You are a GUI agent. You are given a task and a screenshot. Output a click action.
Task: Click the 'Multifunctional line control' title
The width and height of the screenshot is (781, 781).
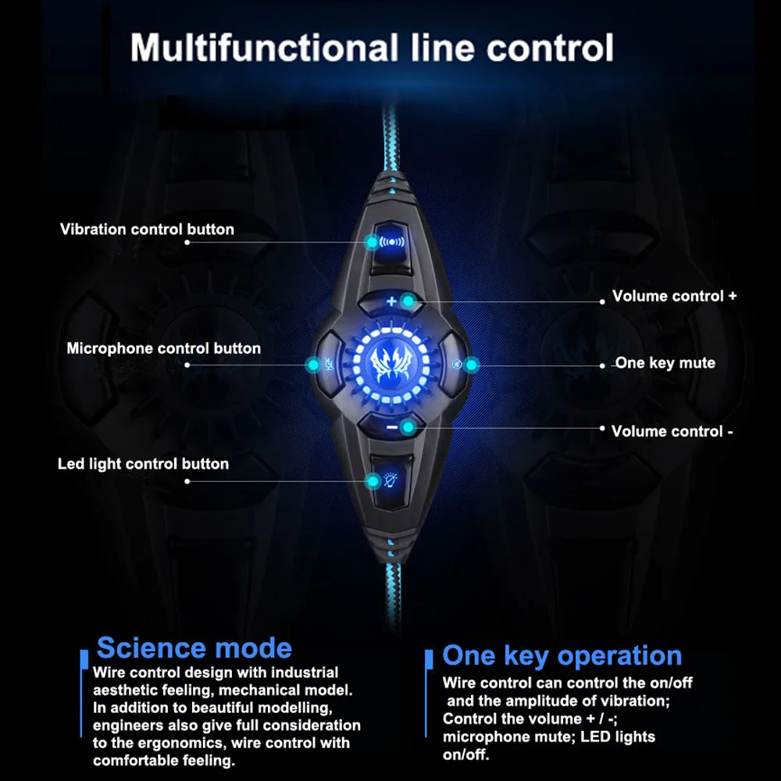coord(372,48)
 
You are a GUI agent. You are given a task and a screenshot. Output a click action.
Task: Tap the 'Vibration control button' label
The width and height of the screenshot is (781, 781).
coord(147,230)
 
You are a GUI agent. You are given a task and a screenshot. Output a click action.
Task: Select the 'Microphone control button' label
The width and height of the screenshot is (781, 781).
coord(163,348)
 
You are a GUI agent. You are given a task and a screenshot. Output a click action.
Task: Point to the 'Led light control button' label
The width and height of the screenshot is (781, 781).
coord(143,464)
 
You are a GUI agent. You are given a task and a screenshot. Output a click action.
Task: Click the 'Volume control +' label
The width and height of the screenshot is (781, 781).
coord(674,296)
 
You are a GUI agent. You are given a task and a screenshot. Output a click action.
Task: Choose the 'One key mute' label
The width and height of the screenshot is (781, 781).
coord(665,363)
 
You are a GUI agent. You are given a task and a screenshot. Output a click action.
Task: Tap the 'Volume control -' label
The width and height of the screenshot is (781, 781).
coord(672,431)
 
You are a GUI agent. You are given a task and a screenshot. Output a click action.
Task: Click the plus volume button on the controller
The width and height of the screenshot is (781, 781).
coord(391,301)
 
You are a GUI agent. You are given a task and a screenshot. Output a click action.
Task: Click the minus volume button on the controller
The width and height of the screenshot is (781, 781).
coord(391,426)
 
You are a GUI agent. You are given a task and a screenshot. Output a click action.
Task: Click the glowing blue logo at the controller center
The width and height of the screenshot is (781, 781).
coord(391,363)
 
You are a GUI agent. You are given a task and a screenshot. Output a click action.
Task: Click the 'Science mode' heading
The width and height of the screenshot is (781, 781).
coord(194,648)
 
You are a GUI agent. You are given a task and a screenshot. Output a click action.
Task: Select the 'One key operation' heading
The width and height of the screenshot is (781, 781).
coord(562,656)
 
